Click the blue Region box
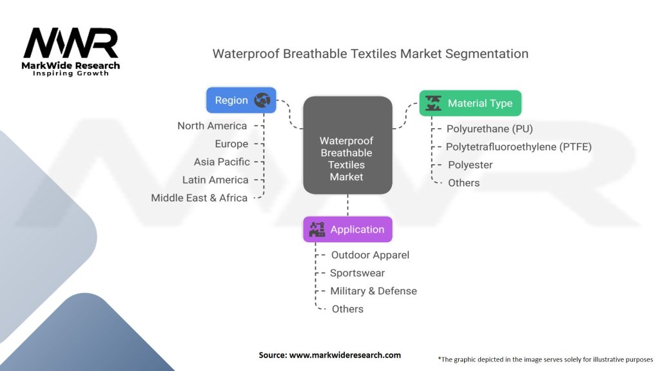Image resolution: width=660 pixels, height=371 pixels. click(x=241, y=100)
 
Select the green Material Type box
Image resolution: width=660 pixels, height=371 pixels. click(x=470, y=103)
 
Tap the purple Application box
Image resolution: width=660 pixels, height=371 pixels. click(x=347, y=229)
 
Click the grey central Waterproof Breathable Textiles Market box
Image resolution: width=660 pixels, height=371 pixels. click(x=347, y=145)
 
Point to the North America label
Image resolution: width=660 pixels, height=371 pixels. click(x=212, y=126)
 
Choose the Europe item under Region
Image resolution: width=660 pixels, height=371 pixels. click(x=231, y=144)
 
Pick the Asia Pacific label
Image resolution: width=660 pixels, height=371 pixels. click(x=222, y=162)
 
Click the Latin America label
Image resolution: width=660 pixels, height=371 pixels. click(x=215, y=180)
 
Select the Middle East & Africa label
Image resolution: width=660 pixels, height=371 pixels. click(x=199, y=198)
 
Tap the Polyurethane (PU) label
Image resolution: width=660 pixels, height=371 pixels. click(x=490, y=129)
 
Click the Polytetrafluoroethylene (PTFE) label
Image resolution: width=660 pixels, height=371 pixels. click(x=519, y=147)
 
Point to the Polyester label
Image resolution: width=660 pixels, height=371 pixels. click(x=470, y=165)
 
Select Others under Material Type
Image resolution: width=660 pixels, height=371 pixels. click(x=463, y=183)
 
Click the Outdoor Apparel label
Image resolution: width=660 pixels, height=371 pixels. click(x=370, y=255)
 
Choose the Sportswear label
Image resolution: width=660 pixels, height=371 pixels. click(x=357, y=273)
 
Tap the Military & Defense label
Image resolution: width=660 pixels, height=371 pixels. click(x=373, y=291)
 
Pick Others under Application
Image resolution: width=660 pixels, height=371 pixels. click(x=347, y=309)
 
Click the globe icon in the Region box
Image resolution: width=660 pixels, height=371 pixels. click(x=262, y=100)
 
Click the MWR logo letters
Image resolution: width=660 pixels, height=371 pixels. click(x=71, y=43)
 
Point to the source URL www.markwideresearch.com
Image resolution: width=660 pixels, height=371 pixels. click(x=345, y=355)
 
